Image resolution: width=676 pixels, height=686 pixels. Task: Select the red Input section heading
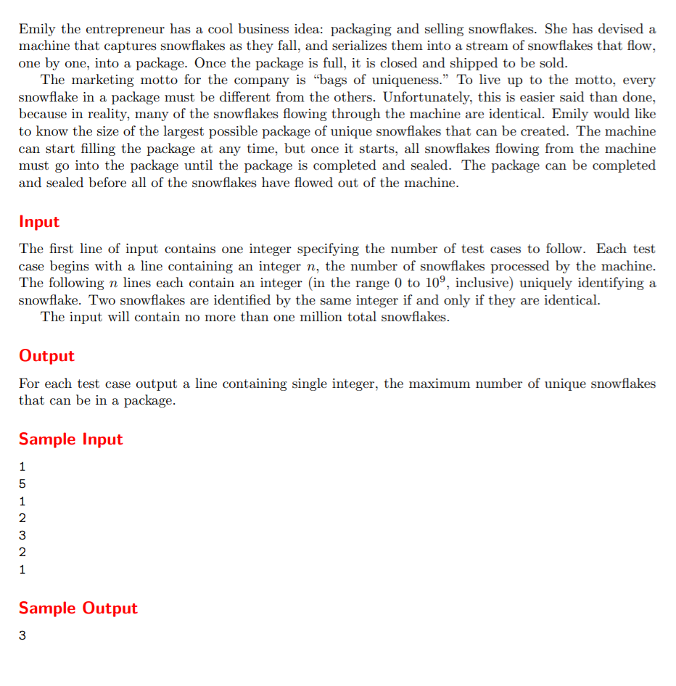tap(39, 221)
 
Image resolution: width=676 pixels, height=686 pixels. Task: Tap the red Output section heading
tap(46, 355)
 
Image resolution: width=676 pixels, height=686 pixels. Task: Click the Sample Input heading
tap(70, 439)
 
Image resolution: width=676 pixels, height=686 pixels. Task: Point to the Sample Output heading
tap(78, 608)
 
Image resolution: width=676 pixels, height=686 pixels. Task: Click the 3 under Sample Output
tap(22, 636)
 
